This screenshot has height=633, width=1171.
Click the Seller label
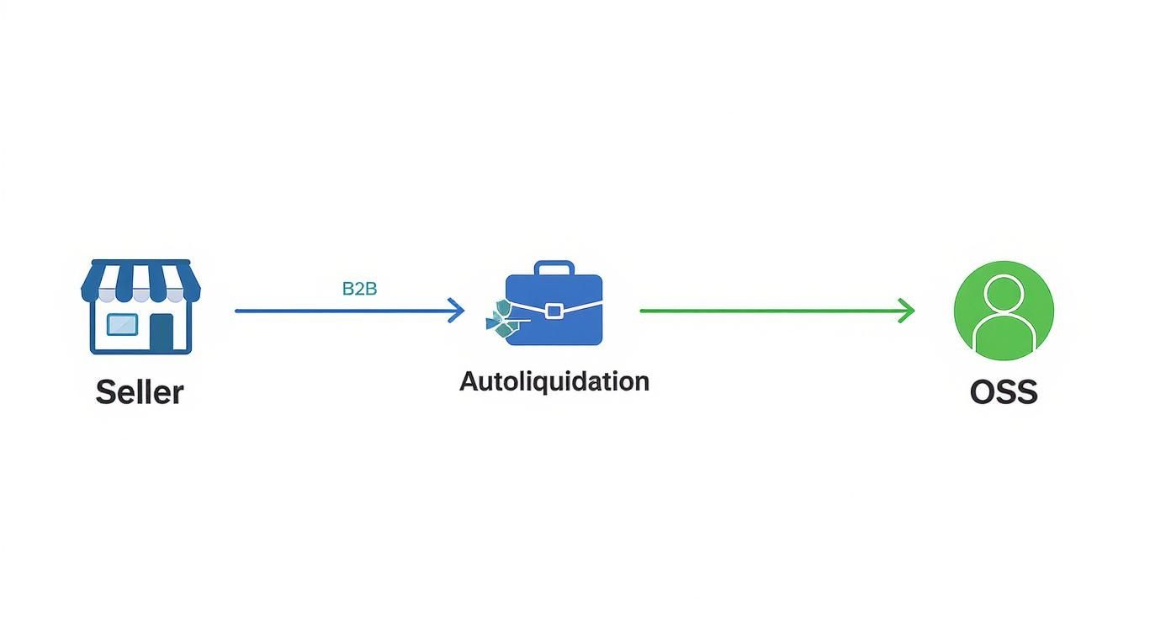(140, 392)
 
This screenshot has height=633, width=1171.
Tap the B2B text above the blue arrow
(359, 289)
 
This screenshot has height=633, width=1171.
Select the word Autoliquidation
(554, 381)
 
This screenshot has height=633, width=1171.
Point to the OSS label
(1004, 392)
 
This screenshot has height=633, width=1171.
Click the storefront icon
(140, 306)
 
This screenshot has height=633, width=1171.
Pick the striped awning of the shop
(140, 281)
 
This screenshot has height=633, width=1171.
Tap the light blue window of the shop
(122, 323)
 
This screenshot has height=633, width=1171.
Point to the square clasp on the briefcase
(554, 311)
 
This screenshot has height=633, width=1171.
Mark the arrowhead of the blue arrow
(457, 311)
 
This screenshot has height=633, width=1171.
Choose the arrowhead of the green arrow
(907, 311)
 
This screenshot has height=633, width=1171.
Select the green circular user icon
(1004, 310)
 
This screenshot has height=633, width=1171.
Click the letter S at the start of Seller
(106, 392)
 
